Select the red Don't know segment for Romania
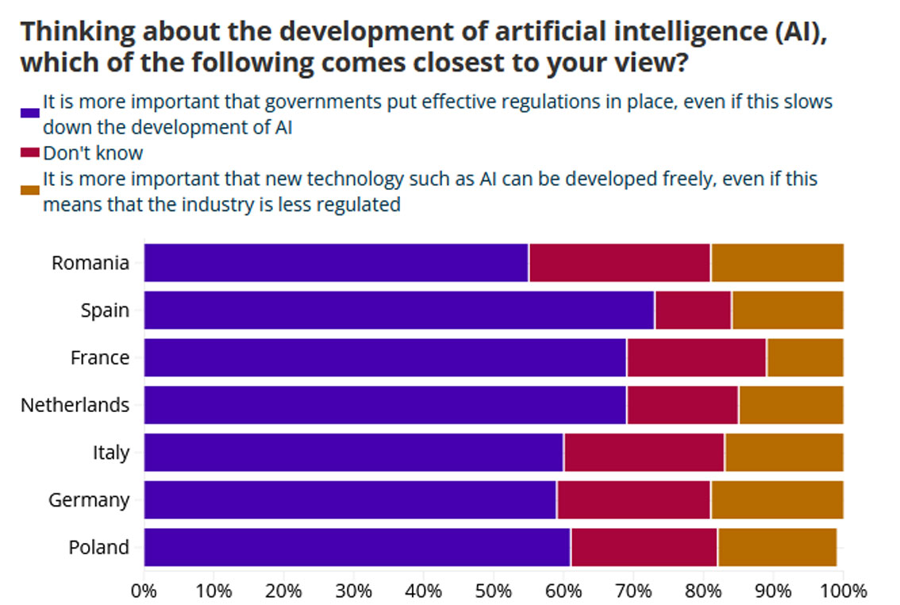[619, 263]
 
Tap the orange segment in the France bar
[805, 357]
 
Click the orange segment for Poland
[776, 547]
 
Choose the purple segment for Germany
[350, 500]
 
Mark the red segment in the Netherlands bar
[682, 405]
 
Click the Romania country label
[90, 263]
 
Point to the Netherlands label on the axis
[75, 405]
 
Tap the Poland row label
[98, 547]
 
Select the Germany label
[88, 500]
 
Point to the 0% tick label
[144, 591]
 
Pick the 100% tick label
[843, 591]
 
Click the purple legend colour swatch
[30, 113]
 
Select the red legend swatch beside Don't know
[30, 152]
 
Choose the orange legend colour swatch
[30, 190]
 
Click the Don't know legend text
[93, 152]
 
